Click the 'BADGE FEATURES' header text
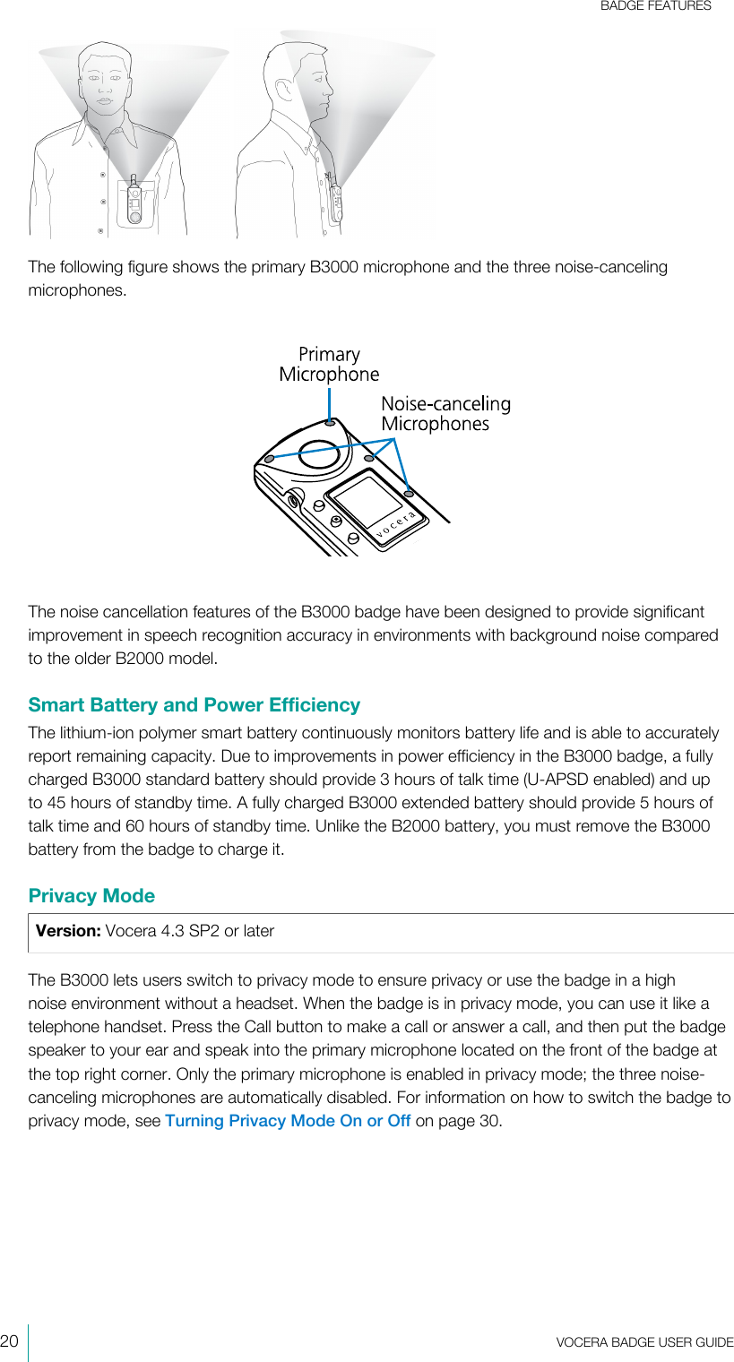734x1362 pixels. [655, 6]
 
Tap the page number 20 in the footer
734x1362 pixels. [10, 1340]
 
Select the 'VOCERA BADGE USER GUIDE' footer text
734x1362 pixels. [643, 1341]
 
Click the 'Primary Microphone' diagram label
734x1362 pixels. [329, 364]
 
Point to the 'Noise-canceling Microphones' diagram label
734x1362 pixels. [445, 414]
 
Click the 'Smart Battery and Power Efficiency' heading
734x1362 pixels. [194, 705]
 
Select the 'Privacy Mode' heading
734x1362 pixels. [91, 896]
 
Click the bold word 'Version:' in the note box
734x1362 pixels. [68, 931]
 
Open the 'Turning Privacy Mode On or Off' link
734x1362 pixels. [288, 1121]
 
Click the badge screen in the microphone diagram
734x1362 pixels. [369, 502]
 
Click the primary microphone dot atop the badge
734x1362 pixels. [331, 422]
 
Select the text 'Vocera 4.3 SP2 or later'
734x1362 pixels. [190, 931]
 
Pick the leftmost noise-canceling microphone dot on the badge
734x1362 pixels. [269, 459]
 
